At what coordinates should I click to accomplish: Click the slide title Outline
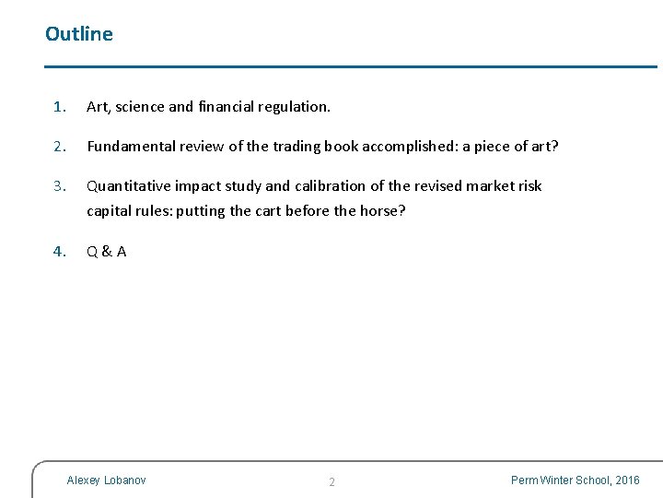pos(79,34)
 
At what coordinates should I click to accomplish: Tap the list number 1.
pos(59,107)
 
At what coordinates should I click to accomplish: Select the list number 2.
pos(59,147)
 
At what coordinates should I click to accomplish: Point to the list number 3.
pos(59,186)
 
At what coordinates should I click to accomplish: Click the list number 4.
pos(59,252)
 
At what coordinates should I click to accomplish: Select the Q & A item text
pos(107,252)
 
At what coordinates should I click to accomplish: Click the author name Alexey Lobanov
pos(106,480)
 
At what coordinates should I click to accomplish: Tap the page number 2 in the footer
pos(332,482)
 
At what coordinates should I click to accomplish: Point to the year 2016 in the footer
pos(627,480)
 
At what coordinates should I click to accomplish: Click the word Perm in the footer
pos(526,480)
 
